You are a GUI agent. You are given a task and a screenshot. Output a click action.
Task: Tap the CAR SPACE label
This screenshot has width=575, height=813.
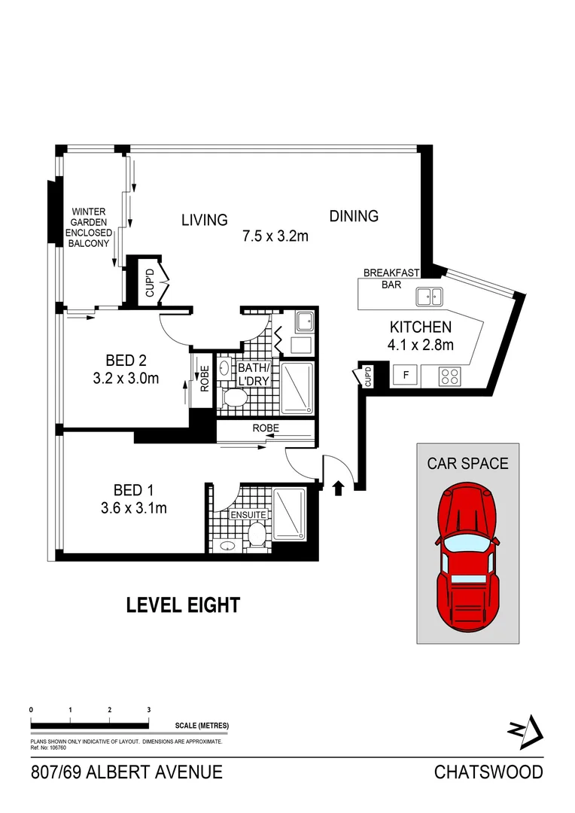pyautogui.click(x=467, y=463)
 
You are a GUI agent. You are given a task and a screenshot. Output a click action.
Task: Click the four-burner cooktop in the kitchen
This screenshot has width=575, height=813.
pyautogui.click(x=449, y=376)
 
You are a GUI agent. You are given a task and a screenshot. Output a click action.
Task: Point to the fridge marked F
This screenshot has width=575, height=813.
pyautogui.click(x=406, y=375)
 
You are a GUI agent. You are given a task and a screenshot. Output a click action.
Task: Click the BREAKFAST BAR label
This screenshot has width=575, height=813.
pyautogui.click(x=391, y=279)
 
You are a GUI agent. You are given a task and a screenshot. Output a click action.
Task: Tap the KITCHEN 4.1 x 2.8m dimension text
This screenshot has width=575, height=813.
pyautogui.click(x=420, y=336)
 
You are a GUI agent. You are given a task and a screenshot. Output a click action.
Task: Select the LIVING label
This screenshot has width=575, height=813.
pyautogui.click(x=204, y=220)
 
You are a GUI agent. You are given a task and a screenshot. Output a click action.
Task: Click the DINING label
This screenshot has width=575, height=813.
pyautogui.click(x=354, y=216)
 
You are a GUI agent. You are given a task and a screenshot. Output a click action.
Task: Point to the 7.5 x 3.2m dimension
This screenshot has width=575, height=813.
pyautogui.click(x=275, y=236)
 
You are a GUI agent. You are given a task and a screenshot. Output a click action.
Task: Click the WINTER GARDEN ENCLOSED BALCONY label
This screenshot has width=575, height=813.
pyautogui.click(x=89, y=227)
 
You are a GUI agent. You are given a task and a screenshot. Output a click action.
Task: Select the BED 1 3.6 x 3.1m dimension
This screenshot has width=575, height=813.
pyautogui.click(x=133, y=508)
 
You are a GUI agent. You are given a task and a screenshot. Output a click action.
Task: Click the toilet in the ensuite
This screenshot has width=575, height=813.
pyautogui.click(x=257, y=537)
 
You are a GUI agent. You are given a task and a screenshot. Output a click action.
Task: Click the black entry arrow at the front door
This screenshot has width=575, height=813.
pyautogui.click(x=338, y=488)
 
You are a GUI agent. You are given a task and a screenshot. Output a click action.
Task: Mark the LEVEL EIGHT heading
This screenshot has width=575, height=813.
pyautogui.click(x=183, y=604)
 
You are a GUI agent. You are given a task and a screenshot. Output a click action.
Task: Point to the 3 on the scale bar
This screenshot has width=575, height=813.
pyautogui.click(x=149, y=710)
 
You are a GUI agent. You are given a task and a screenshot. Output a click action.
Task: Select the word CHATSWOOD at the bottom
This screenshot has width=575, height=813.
pyautogui.click(x=488, y=772)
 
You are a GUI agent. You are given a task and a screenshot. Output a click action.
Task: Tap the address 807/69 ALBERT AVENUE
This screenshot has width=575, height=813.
pyautogui.click(x=126, y=772)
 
